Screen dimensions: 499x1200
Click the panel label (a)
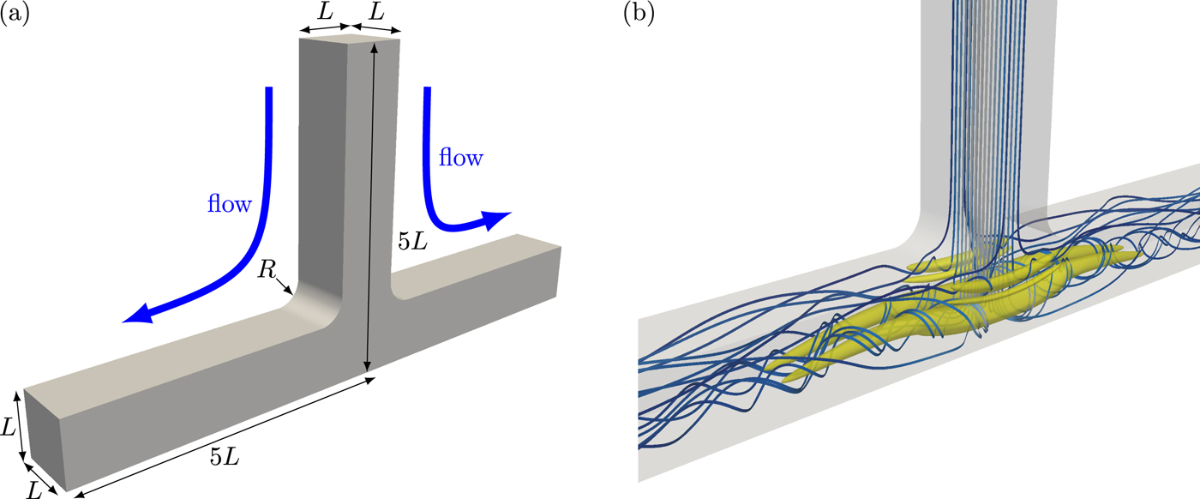[15, 15]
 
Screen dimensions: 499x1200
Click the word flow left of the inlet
[229, 204]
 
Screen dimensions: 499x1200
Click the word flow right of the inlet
[461, 158]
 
